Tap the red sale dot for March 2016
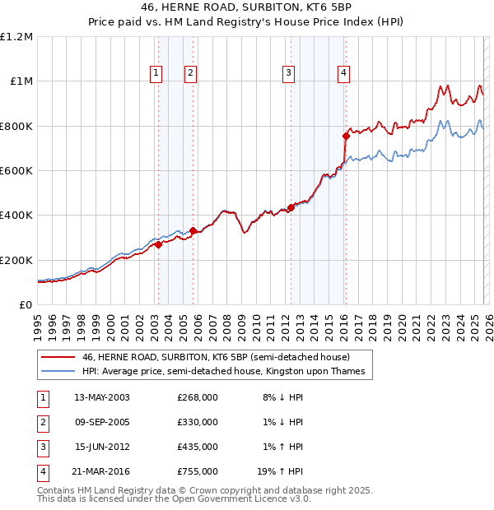point(346,137)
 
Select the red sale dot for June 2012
point(291,207)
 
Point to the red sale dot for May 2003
point(158,244)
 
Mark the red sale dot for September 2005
point(193,231)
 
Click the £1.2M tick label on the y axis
point(16,37)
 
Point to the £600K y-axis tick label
point(16,171)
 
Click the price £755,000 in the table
point(198,471)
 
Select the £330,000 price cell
point(198,422)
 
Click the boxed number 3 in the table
point(42,447)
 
